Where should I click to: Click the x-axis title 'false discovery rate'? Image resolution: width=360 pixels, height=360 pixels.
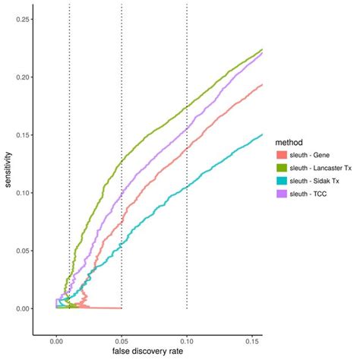tap(147, 351)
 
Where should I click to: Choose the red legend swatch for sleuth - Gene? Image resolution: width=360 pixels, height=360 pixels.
tap(283, 155)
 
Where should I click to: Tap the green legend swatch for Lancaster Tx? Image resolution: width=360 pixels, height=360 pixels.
tap(283, 169)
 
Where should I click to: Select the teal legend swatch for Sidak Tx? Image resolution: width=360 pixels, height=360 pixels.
tap(283, 182)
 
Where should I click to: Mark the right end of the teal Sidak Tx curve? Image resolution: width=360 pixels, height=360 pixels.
tap(262, 135)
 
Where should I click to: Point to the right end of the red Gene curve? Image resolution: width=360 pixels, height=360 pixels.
tap(262, 85)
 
